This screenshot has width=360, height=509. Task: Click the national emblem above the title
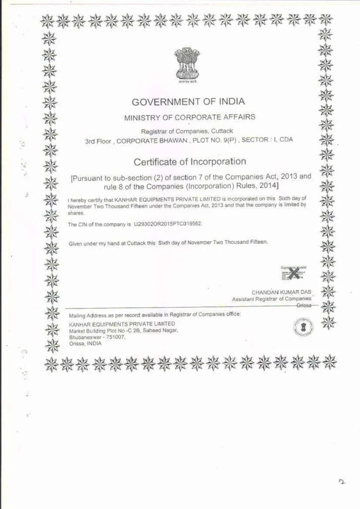[x=187, y=63]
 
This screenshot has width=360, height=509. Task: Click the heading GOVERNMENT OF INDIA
[x=188, y=102]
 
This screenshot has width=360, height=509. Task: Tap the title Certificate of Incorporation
[x=189, y=162]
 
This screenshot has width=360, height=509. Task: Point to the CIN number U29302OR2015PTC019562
[x=168, y=224]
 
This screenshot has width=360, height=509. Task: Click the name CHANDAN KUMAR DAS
[x=282, y=292]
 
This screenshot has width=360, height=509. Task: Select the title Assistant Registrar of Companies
[x=271, y=299]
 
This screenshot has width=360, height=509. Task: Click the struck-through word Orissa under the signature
[x=304, y=306]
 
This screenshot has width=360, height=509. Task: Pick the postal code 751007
[x=115, y=337]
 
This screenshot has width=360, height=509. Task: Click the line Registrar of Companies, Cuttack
[x=187, y=131]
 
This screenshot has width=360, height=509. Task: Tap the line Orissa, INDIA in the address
[x=85, y=343]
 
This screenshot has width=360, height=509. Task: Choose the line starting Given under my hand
[x=168, y=242]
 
